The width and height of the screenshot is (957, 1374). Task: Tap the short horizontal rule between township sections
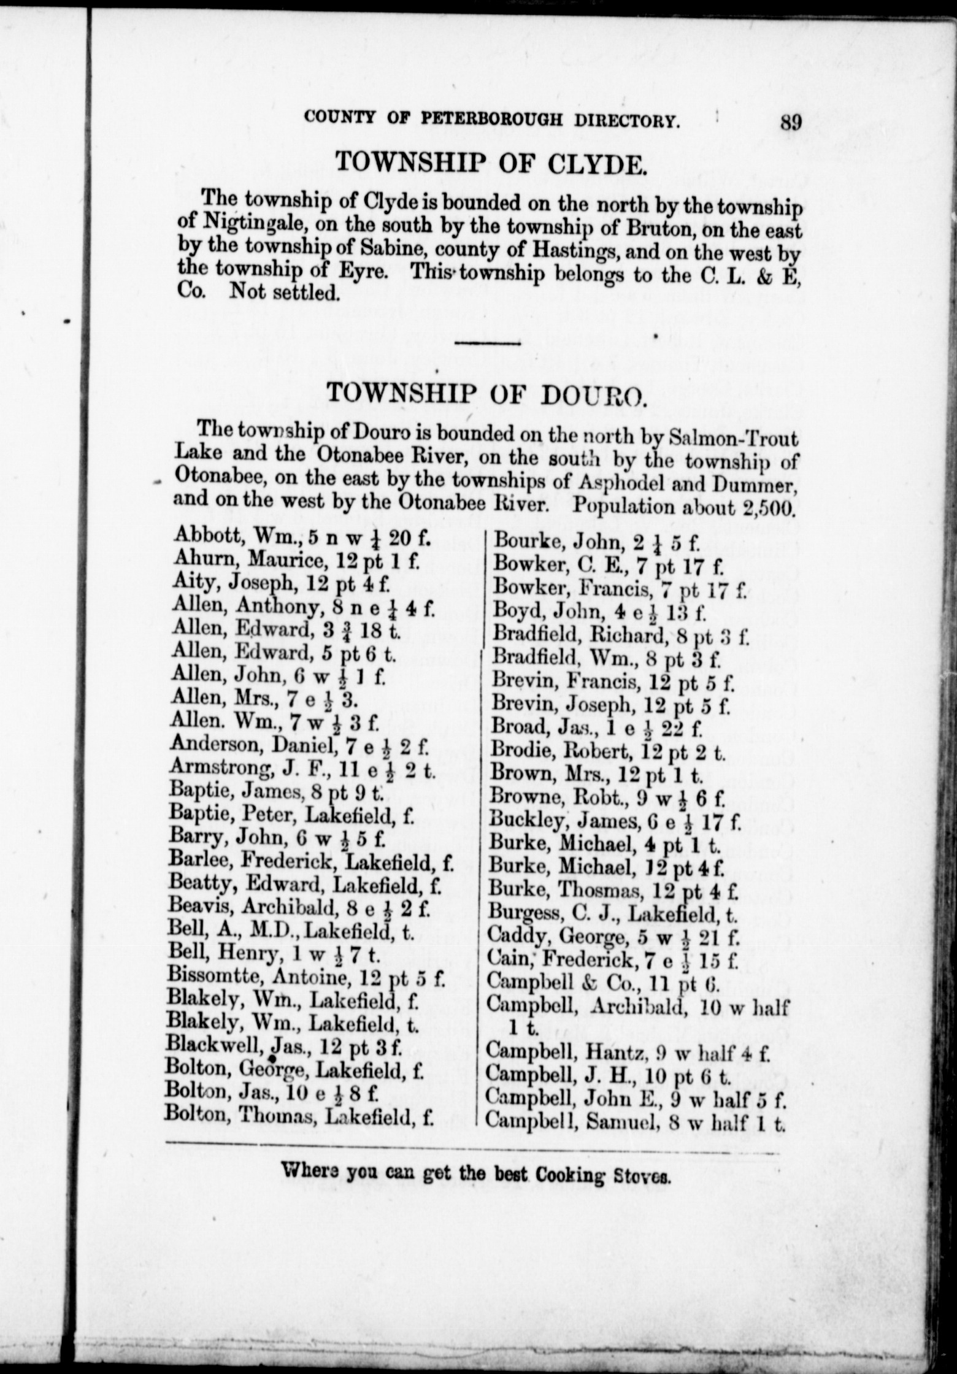click(488, 343)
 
